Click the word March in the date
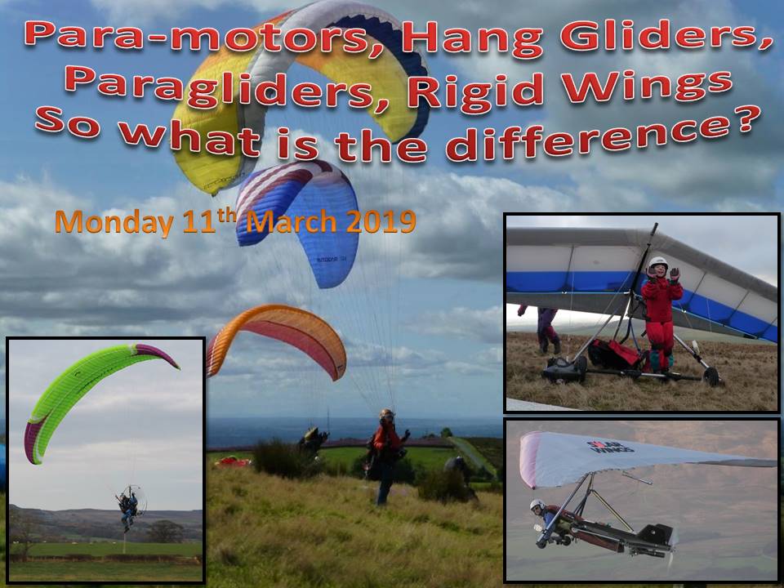click(x=292, y=221)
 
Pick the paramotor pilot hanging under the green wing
click(x=129, y=506)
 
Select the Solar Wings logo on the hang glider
click(x=610, y=447)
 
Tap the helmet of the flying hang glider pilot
click(x=537, y=505)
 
